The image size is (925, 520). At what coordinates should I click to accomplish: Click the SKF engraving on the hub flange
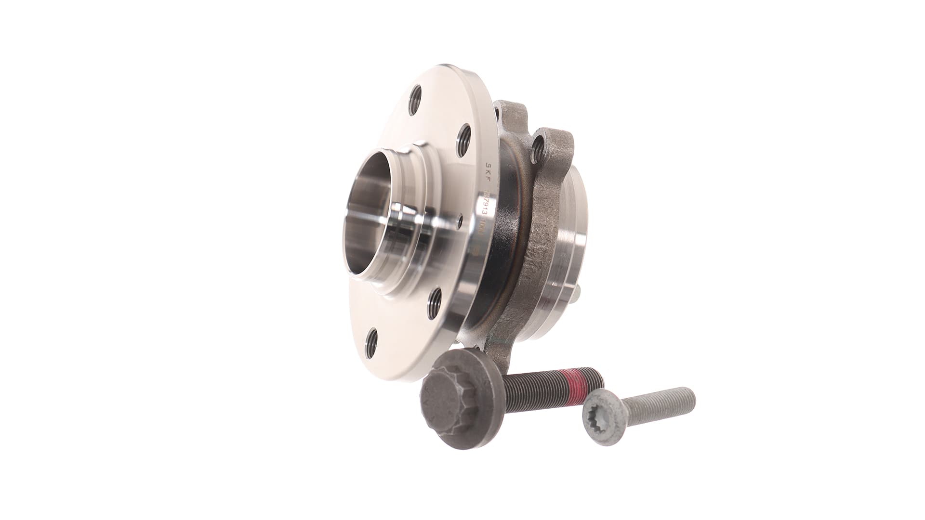487,169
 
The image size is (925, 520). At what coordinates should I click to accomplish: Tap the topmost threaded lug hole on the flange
416,100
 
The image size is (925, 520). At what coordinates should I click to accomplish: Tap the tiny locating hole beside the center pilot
460,220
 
